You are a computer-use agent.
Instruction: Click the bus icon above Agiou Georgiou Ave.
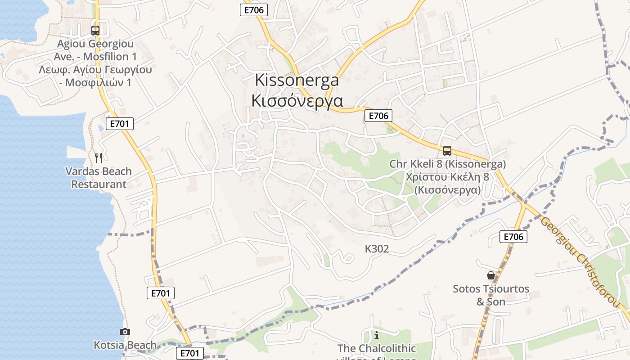tap(95, 31)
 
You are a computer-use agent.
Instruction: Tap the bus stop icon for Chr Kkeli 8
tap(447, 151)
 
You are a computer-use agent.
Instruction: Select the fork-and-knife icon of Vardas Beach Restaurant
tap(99, 157)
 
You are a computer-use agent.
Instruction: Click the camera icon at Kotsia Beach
tap(125, 332)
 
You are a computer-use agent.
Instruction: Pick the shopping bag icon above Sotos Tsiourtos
tap(491, 275)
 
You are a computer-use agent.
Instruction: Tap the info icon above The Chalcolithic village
tap(377, 335)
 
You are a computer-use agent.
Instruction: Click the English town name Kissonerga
tap(297, 80)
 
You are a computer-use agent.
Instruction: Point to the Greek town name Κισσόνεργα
tap(297, 100)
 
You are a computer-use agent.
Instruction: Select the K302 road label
tap(377, 249)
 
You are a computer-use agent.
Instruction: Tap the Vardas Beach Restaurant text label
tap(99, 178)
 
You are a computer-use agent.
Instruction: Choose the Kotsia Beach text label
tap(125, 345)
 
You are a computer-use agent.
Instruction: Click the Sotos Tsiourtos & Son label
tap(491, 295)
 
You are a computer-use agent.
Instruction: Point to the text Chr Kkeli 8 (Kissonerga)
tap(447, 164)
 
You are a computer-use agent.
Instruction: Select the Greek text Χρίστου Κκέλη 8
tap(447, 177)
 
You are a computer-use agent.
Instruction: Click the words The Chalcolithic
tap(377, 348)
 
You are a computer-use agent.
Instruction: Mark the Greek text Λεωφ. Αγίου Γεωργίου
tap(95, 70)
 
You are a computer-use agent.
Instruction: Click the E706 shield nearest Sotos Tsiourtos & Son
tap(513, 237)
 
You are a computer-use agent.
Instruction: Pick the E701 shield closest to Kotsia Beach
tap(189, 353)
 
